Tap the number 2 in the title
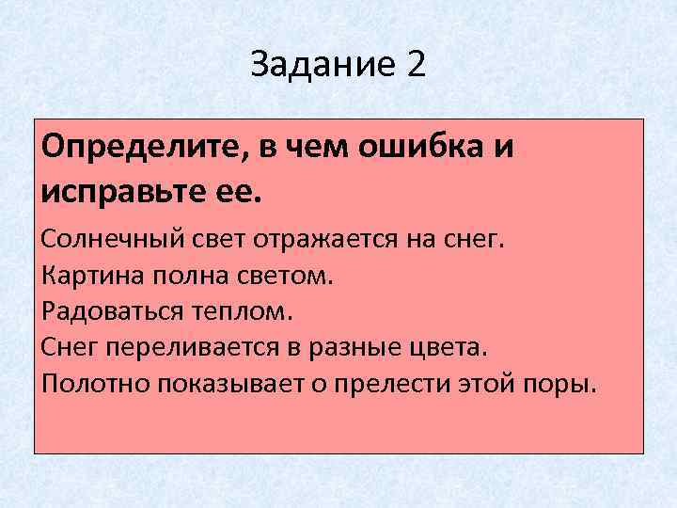click(x=416, y=66)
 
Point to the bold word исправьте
click(x=134, y=194)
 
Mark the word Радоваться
click(x=101, y=310)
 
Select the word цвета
click(x=448, y=347)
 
